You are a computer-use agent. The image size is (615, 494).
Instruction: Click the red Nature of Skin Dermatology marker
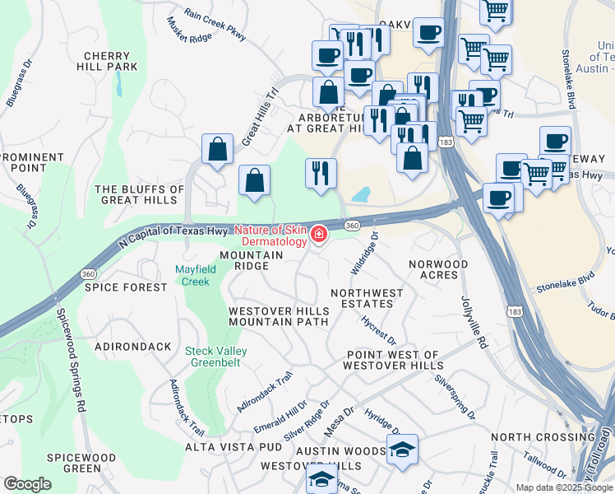[318, 236]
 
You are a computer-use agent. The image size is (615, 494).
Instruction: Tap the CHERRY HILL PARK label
[110, 61]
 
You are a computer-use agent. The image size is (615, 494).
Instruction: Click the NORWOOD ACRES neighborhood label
[439, 270]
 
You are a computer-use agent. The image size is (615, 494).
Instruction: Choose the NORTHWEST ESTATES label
[367, 298]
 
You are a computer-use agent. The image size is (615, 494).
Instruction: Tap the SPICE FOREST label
[126, 287]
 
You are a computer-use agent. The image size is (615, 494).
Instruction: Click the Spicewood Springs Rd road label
[70, 359]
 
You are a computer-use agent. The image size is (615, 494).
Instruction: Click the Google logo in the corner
[27, 484]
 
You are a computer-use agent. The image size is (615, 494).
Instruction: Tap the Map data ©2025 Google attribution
[563, 487]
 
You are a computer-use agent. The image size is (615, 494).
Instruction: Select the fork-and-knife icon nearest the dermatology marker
[321, 174]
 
